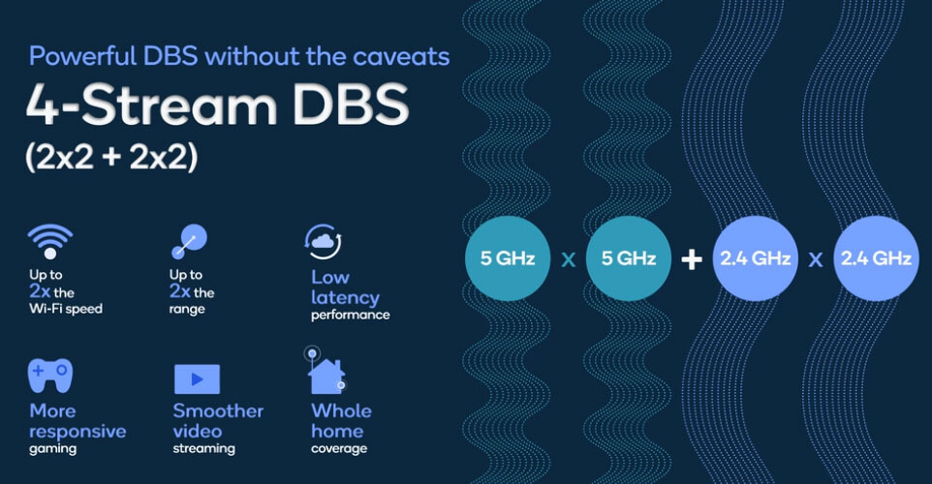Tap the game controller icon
click(x=50, y=376)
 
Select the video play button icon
click(x=197, y=378)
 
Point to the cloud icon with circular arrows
click(x=323, y=242)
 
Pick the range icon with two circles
click(x=189, y=242)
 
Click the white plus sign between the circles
click(x=692, y=258)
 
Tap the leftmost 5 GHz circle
click(x=507, y=258)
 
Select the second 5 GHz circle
click(x=628, y=258)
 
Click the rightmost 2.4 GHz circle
click(x=876, y=258)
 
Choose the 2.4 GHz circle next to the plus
click(x=755, y=258)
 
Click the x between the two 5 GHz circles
click(x=569, y=259)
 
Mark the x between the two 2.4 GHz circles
click(x=816, y=259)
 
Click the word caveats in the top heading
click(x=401, y=56)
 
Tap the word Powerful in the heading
click(x=83, y=56)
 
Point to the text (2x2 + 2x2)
click(x=111, y=158)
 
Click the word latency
click(x=345, y=297)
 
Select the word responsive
click(x=78, y=432)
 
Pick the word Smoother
click(x=218, y=411)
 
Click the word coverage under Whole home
click(x=339, y=449)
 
